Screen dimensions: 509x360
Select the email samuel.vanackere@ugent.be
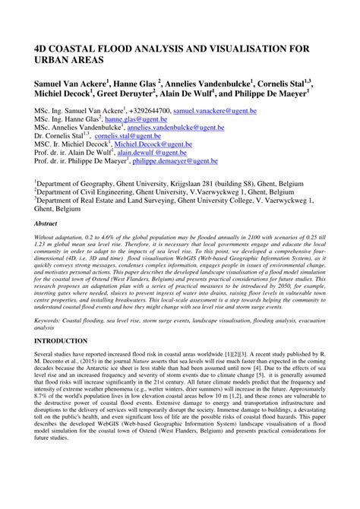click(215, 111)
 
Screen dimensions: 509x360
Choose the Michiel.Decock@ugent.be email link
click(151, 145)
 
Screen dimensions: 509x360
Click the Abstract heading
click(49, 225)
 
